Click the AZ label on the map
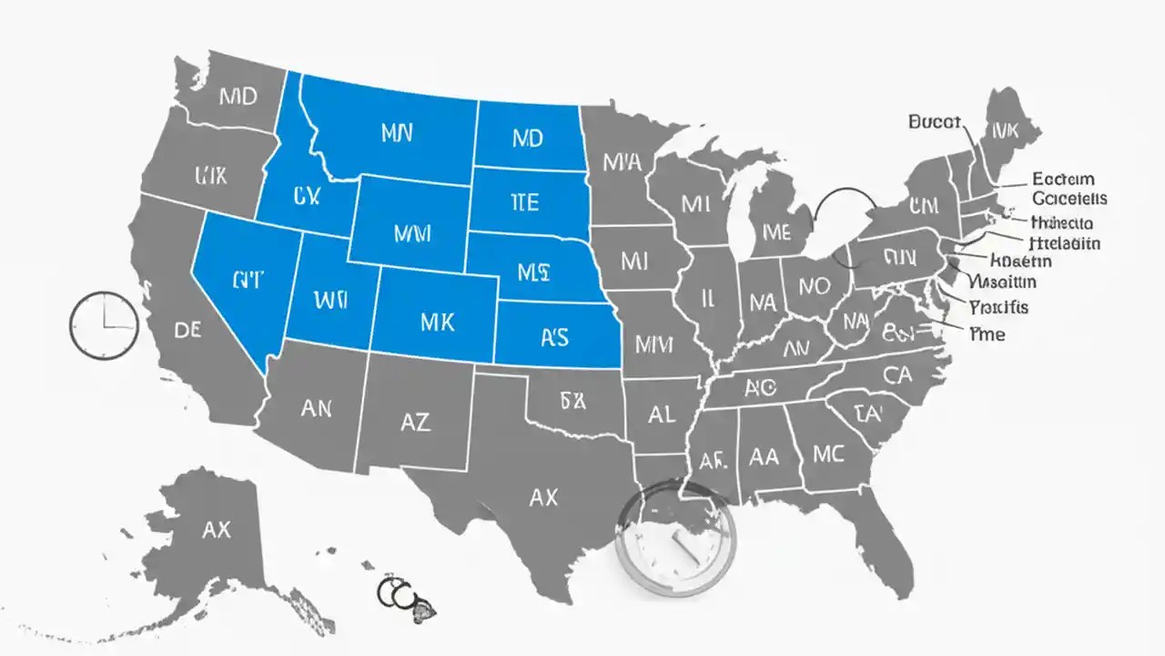click(415, 421)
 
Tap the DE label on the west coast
click(187, 331)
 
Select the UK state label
click(211, 175)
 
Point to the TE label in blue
click(525, 202)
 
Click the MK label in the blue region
click(438, 321)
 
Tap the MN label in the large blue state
click(397, 133)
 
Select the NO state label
click(814, 287)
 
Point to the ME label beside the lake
click(775, 233)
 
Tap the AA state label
click(764, 456)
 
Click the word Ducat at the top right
click(936, 121)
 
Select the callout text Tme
click(988, 334)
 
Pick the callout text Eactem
click(1063, 179)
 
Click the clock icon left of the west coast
click(104, 324)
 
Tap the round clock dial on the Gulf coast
click(674, 538)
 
